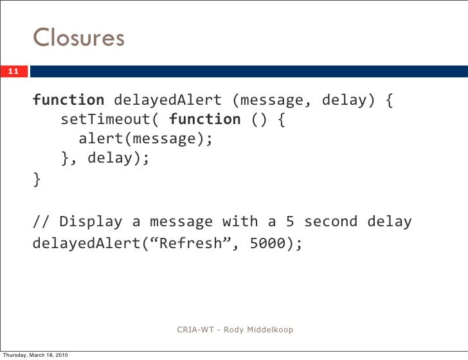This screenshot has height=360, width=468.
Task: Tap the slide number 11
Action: tap(14, 71)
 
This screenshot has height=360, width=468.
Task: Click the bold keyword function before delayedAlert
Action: tap(68, 100)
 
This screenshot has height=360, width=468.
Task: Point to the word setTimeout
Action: tap(96, 120)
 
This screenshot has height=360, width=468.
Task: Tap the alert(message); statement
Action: tap(145, 139)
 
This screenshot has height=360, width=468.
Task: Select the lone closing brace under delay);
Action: tap(37, 180)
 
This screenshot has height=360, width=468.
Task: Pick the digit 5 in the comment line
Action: tap(290, 222)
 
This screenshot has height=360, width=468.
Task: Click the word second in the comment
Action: tap(330, 222)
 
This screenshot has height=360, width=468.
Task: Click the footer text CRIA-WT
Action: tap(197, 330)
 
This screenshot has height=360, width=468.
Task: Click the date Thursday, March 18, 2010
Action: tap(36, 355)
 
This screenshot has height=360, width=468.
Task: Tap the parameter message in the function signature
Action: tap(273, 100)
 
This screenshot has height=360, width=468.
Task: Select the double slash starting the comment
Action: tap(41, 222)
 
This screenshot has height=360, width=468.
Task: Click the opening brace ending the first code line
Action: tap(390, 100)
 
